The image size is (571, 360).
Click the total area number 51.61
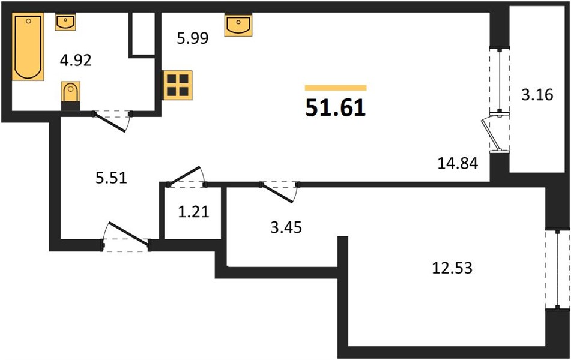pyautogui.click(x=336, y=108)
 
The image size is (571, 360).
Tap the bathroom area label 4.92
pyautogui.click(x=76, y=61)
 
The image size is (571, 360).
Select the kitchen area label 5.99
pyautogui.click(x=193, y=38)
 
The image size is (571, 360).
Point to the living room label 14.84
pyautogui.click(x=458, y=163)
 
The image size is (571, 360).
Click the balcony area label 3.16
pyautogui.click(x=537, y=95)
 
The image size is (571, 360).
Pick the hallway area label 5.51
pyautogui.click(x=112, y=178)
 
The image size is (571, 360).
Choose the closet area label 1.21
pyautogui.click(x=193, y=211)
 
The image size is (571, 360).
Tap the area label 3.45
pyautogui.click(x=286, y=227)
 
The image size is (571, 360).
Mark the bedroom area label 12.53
pyautogui.click(x=452, y=268)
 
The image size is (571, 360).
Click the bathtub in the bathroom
pyautogui.click(x=28, y=46)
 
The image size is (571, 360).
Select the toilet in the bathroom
pyautogui.click(x=71, y=95)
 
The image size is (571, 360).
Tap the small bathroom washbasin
pyautogui.click(x=65, y=22)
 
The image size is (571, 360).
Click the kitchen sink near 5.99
pyautogui.click(x=238, y=25)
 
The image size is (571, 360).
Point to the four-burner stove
pyautogui.click(x=178, y=85)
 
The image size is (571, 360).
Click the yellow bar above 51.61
pyautogui.click(x=336, y=88)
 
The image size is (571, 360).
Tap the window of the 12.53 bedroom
pyautogui.click(x=557, y=270)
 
